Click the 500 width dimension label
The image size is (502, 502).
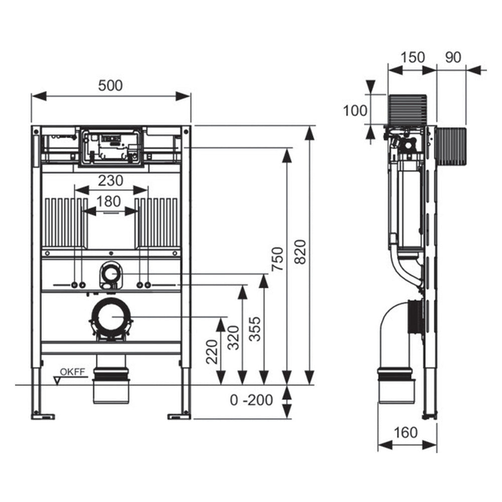(110, 85)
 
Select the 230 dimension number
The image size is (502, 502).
(110, 180)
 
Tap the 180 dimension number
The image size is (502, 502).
(109, 202)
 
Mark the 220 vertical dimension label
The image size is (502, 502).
(211, 351)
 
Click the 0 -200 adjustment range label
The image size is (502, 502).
(252, 400)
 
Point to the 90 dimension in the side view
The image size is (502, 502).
(453, 57)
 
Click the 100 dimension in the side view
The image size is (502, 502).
(355, 110)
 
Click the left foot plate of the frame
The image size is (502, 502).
(43, 415)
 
